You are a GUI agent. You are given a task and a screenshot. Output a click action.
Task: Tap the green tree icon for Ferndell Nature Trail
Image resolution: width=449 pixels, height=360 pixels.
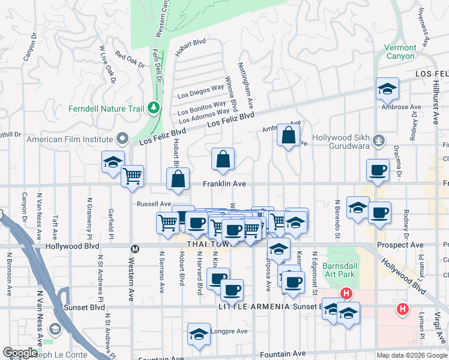(x=154, y=108)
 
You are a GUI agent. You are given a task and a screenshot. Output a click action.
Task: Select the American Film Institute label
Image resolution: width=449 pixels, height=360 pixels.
(x=71, y=139)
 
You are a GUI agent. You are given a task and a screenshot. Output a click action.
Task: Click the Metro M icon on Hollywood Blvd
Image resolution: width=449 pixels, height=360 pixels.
(x=135, y=248)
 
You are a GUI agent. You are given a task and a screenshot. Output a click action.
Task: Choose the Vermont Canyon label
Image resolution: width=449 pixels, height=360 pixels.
(x=400, y=52)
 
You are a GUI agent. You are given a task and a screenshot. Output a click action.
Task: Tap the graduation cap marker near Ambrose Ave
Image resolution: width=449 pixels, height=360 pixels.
(x=388, y=89)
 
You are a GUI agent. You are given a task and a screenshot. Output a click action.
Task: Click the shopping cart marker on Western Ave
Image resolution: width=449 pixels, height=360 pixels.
(x=132, y=176)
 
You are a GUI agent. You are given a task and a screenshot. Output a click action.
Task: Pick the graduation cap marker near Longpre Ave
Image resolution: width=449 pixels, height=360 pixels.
(x=199, y=334)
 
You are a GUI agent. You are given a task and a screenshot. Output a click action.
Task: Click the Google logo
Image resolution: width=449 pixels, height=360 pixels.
(x=20, y=353)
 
